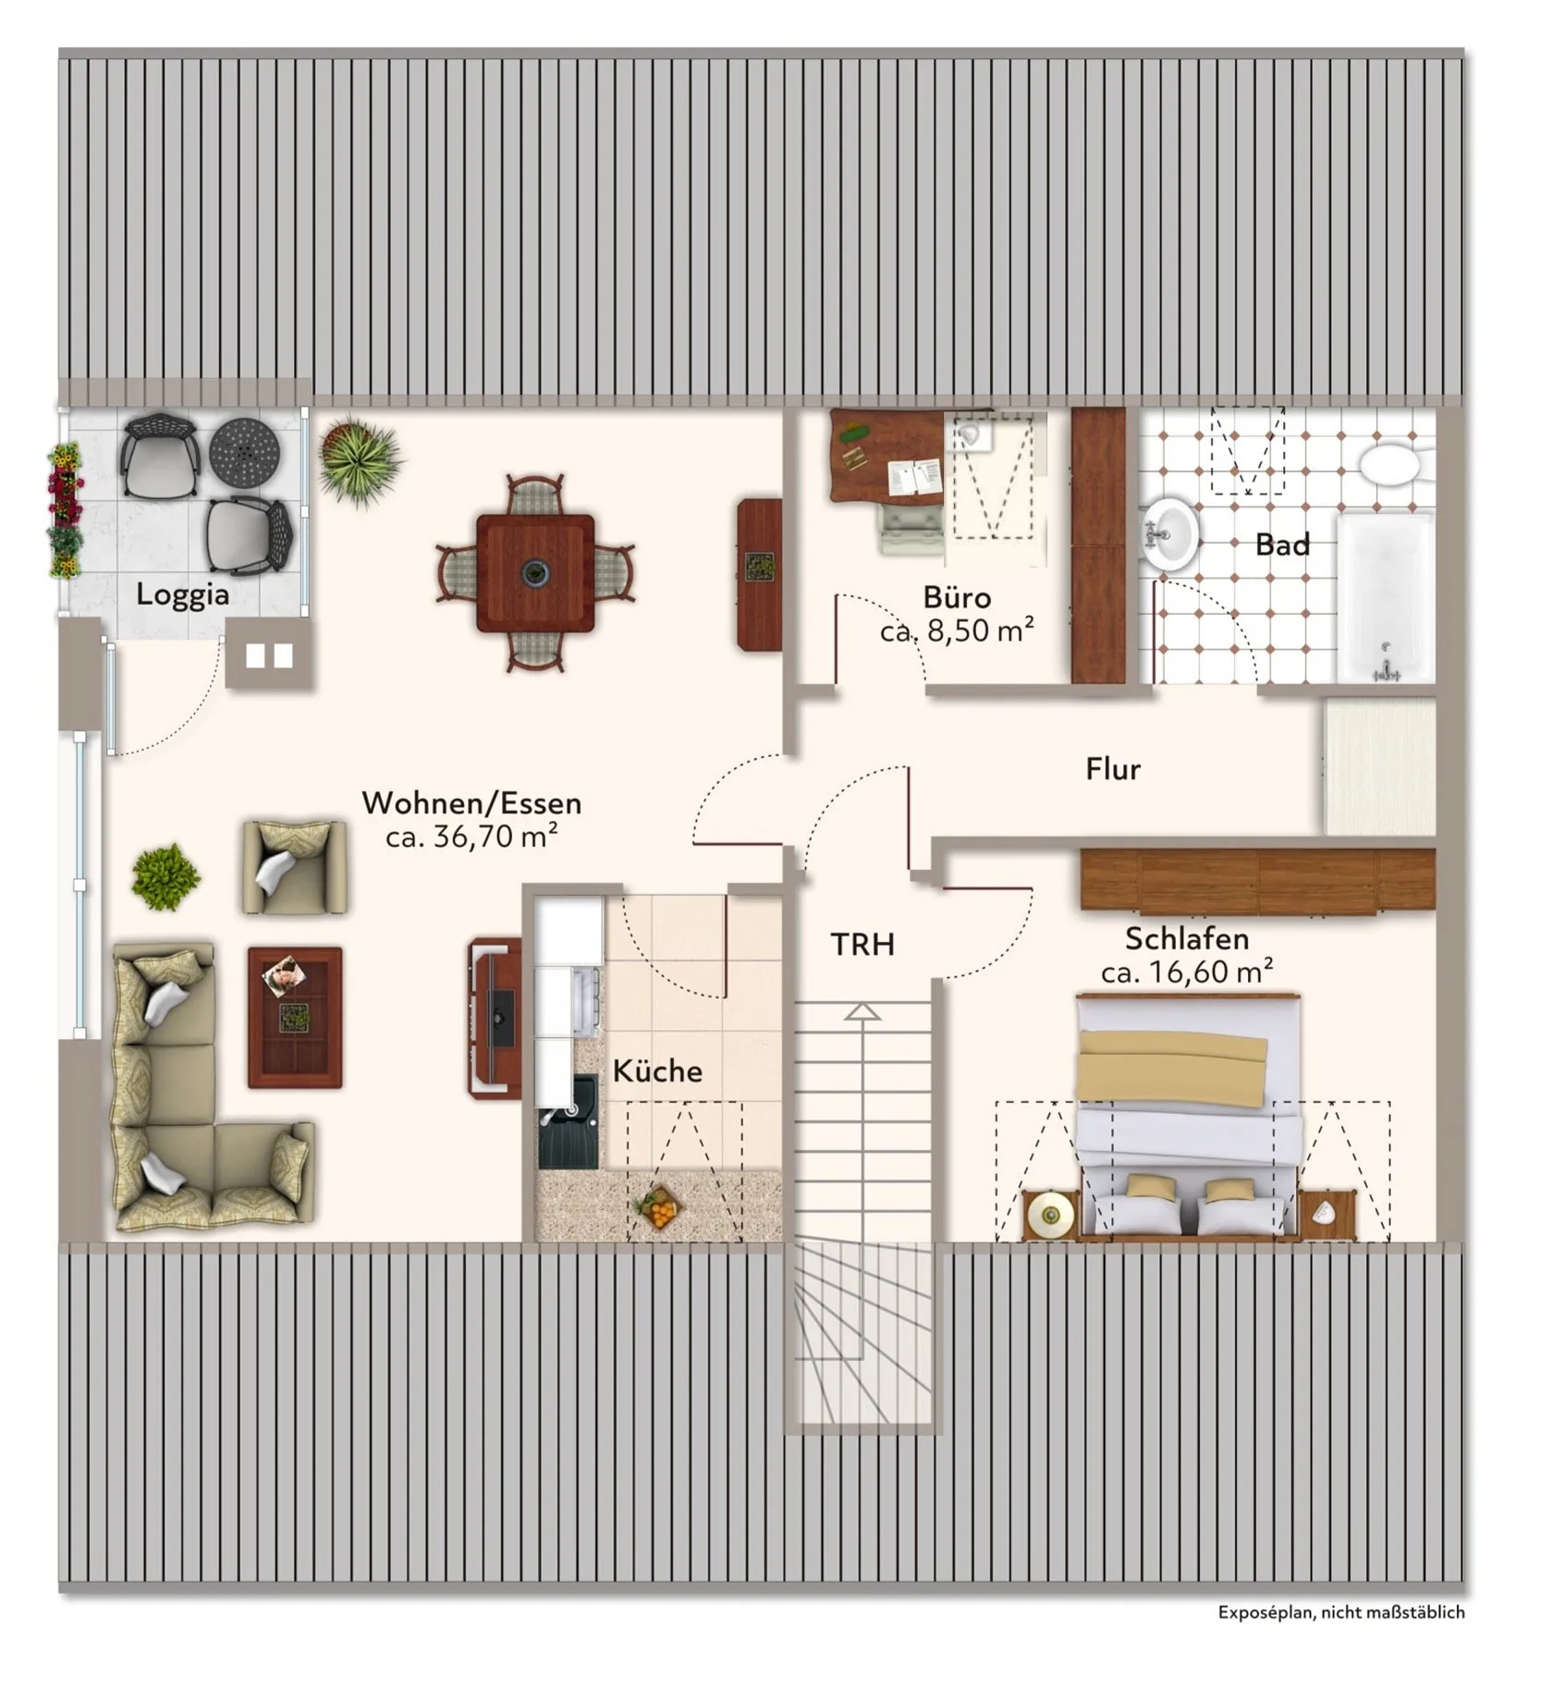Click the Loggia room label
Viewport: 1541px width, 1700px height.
tap(182, 594)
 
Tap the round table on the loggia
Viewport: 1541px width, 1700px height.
tap(244, 450)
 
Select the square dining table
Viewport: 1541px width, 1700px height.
tap(535, 573)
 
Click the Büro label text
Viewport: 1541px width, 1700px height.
tap(957, 596)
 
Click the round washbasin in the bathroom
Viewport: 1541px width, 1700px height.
tap(1170, 535)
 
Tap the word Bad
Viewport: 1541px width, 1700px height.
tap(1282, 545)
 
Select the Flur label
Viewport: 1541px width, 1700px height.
tap(1113, 769)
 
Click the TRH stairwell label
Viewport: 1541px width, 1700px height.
tap(862, 945)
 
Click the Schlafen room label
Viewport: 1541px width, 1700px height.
tap(1187, 939)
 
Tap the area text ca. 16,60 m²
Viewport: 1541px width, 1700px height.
tap(1187, 972)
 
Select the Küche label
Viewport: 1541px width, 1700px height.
tap(657, 1071)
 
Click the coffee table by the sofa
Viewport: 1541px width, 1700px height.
tap(295, 1017)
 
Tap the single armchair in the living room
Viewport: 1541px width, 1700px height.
tap(294, 867)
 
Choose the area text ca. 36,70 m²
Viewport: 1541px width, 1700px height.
tap(471, 837)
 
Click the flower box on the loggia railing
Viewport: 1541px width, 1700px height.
tap(65, 510)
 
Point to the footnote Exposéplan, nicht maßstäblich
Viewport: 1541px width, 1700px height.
tap(1341, 1612)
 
